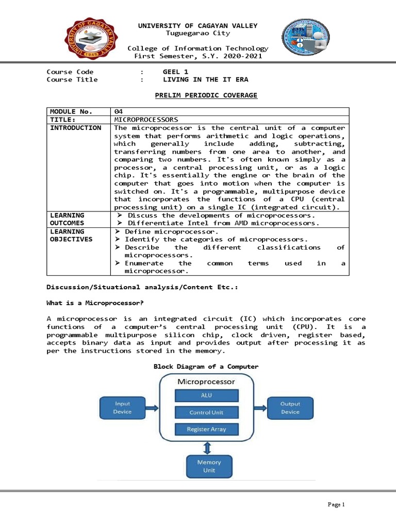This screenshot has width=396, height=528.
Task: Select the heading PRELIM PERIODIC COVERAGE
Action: (206, 95)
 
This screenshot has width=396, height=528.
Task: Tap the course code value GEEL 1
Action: (175, 72)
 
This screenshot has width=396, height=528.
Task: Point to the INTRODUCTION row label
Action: (75, 128)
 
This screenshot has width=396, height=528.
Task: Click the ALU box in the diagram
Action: (206, 395)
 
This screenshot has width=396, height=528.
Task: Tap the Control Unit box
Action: (206, 412)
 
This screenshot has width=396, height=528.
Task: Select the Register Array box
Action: (206, 429)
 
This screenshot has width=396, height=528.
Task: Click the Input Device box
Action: (122, 408)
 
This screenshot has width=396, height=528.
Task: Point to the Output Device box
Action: (290, 408)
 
